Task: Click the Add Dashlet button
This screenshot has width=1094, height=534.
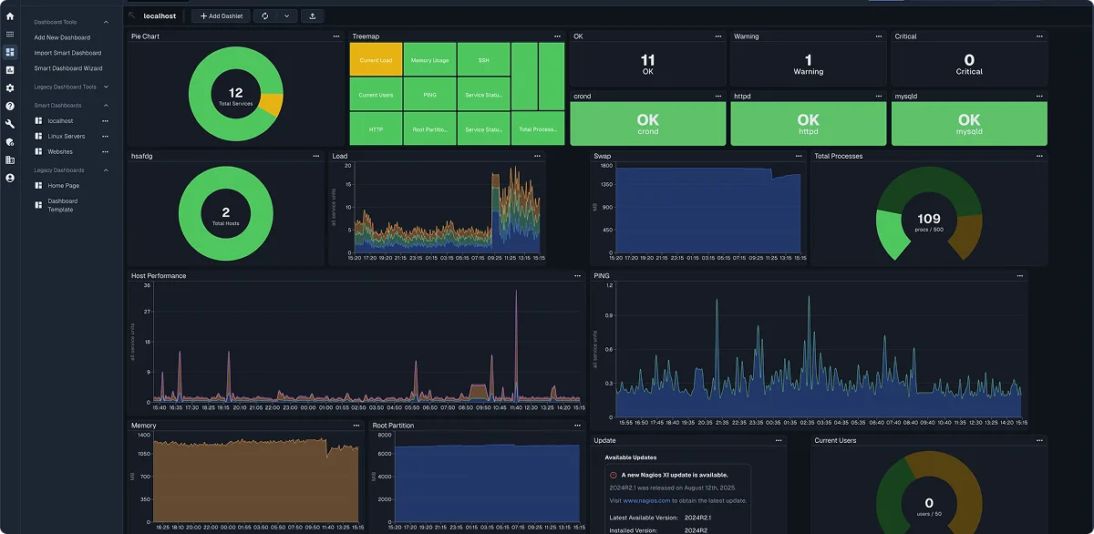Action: tap(220, 15)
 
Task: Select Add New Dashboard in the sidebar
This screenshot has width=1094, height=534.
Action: tap(62, 37)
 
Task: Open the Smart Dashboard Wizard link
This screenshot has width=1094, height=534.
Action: tap(67, 68)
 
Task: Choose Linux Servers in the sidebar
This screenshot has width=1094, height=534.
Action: tap(67, 136)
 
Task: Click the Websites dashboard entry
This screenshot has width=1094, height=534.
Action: tap(60, 151)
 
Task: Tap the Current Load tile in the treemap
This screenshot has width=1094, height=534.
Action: tap(376, 60)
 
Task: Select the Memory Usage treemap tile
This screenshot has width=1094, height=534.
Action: tap(429, 60)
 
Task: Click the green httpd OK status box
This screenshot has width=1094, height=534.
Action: tap(808, 123)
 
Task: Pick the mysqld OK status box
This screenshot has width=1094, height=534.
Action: tap(969, 123)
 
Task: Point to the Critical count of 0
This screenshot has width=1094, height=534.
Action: tap(969, 60)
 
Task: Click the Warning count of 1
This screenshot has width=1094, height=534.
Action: tap(808, 60)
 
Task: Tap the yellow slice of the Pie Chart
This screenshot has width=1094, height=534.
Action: tap(271, 104)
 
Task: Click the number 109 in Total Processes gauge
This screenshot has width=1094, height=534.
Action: tap(928, 219)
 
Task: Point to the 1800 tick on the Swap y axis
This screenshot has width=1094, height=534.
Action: tap(606, 166)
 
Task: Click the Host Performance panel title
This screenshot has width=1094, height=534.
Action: tap(159, 275)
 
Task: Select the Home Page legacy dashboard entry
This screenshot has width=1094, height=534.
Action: tap(64, 185)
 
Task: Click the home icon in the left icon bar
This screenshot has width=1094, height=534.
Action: tap(10, 16)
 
